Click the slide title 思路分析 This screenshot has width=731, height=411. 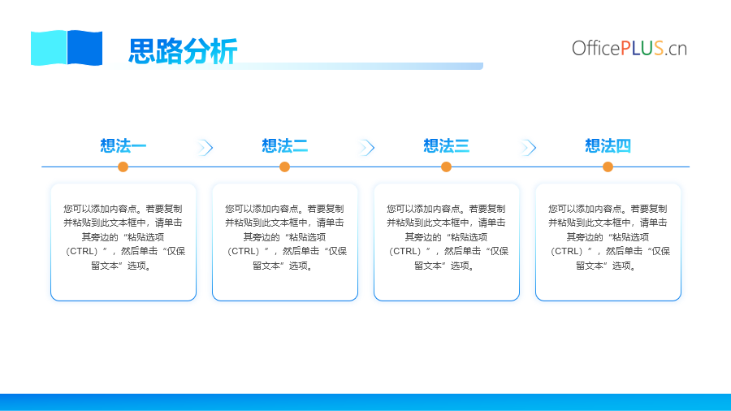(183, 51)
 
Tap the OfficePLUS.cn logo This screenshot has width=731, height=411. (629, 49)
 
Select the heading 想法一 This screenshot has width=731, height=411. (123, 146)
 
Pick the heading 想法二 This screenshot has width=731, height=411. (285, 146)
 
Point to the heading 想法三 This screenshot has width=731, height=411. (446, 146)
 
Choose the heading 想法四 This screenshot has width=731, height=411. (608, 146)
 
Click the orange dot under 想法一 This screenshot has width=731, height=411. (123, 167)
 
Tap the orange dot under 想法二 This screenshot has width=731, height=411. (284, 167)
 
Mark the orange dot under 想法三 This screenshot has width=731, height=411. (446, 167)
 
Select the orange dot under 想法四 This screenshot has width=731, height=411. (608, 167)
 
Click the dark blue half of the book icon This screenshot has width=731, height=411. (84, 48)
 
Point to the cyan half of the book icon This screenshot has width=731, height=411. (49, 48)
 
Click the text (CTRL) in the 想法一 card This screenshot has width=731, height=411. (81, 252)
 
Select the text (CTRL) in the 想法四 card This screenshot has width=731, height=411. (566, 252)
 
